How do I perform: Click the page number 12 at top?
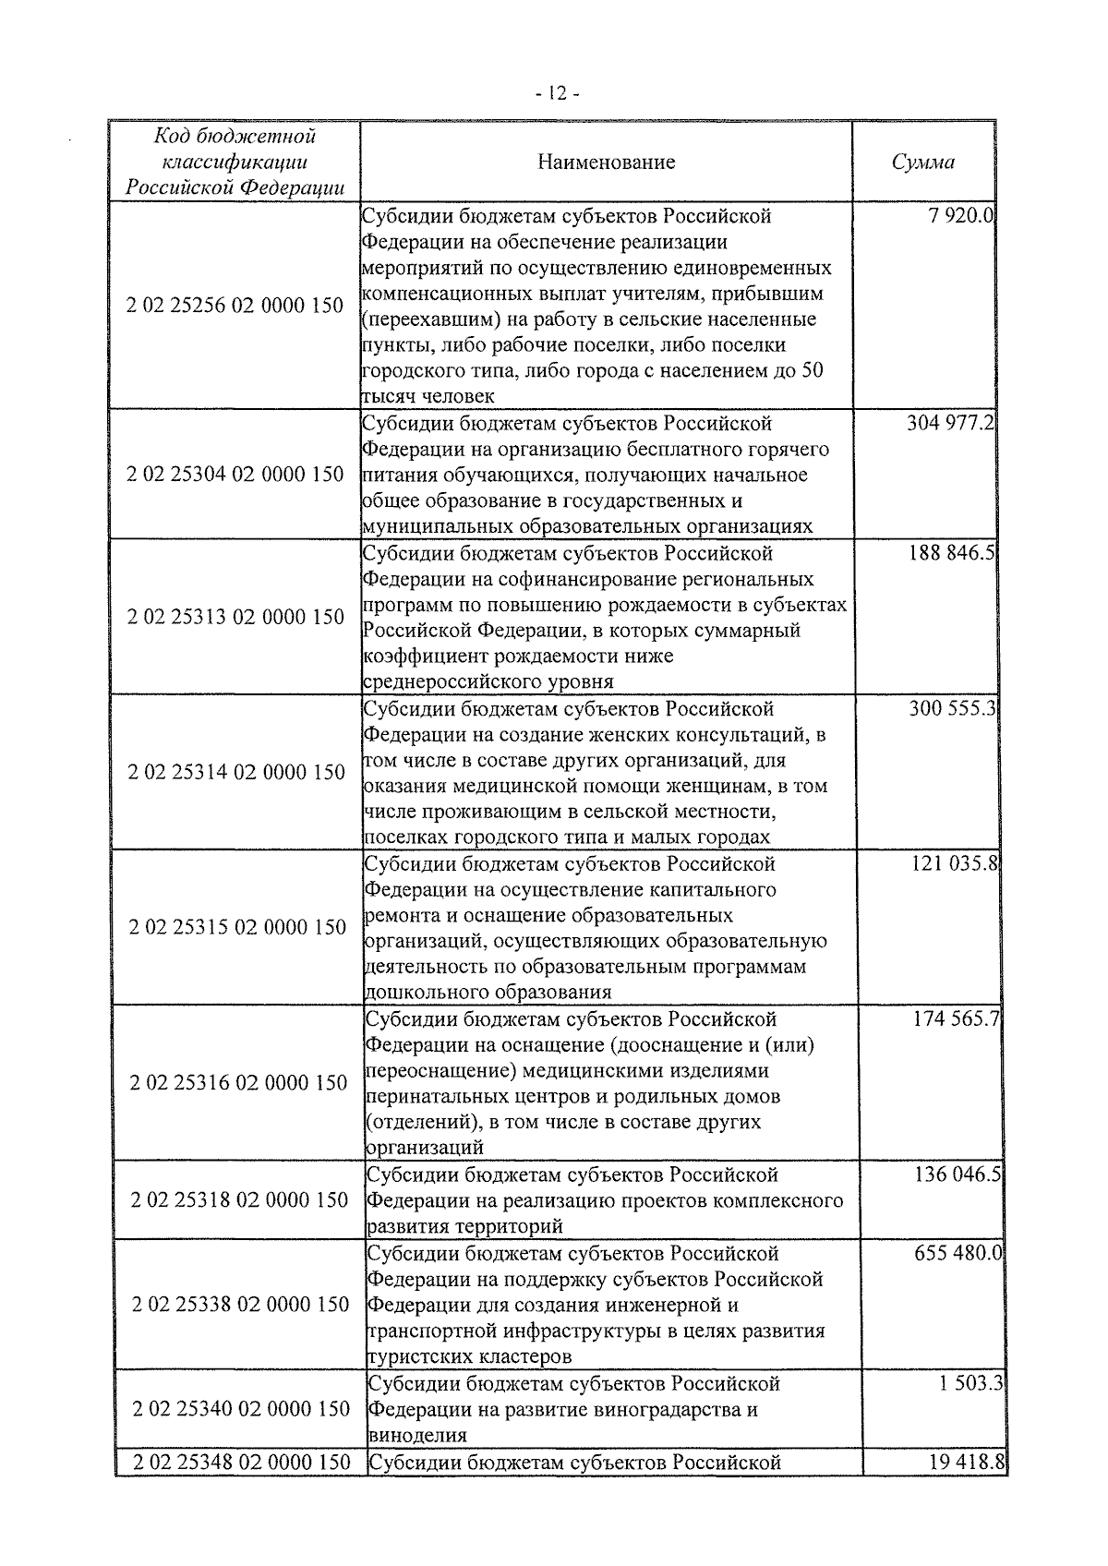click(557, 93)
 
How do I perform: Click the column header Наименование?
click(607, 163)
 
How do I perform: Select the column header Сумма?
click(922, 163)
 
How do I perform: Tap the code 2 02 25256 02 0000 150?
click(235, 306)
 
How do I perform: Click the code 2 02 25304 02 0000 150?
click(235, 475)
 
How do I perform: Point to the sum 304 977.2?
click(950, 425)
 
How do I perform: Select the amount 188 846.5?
click(951, 554)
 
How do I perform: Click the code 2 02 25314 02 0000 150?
click(235, 772)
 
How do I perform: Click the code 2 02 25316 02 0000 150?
click(237, 1082)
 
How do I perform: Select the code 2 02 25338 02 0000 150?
click(239, 1304)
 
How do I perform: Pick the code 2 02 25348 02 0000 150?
click(241, 1462)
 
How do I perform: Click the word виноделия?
click(416, 1436)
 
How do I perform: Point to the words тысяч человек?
click(428, 396)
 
